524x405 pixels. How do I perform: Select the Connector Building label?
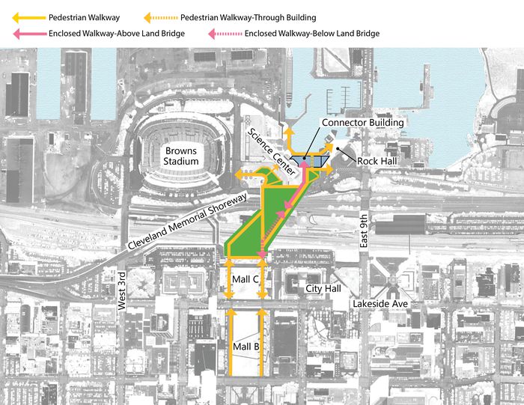point(363,122)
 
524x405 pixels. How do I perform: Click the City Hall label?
point(323,288)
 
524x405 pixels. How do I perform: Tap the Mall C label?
point(245,278)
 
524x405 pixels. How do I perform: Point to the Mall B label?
point(245,347)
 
